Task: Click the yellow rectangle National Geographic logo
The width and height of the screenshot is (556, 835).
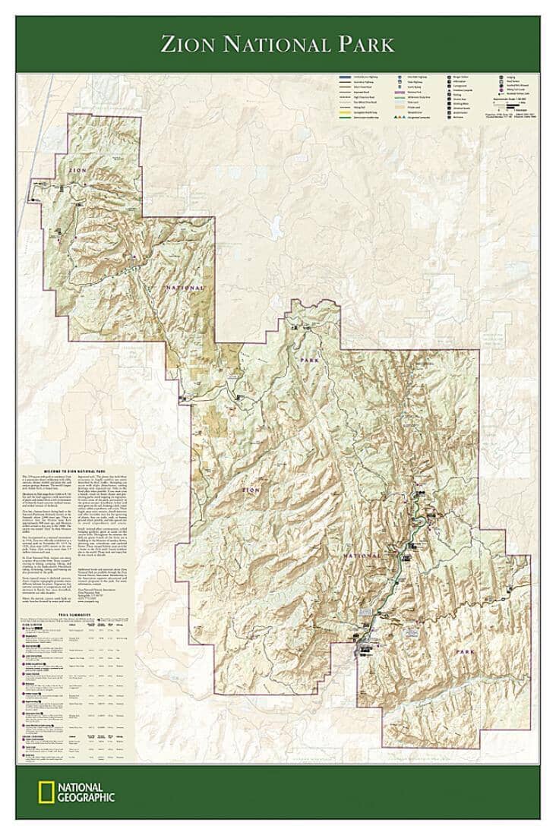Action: pyautogui.click(x=46, y=792)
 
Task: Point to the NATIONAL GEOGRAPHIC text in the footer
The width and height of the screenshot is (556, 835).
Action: pyautogui.click(x=86, y=792)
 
